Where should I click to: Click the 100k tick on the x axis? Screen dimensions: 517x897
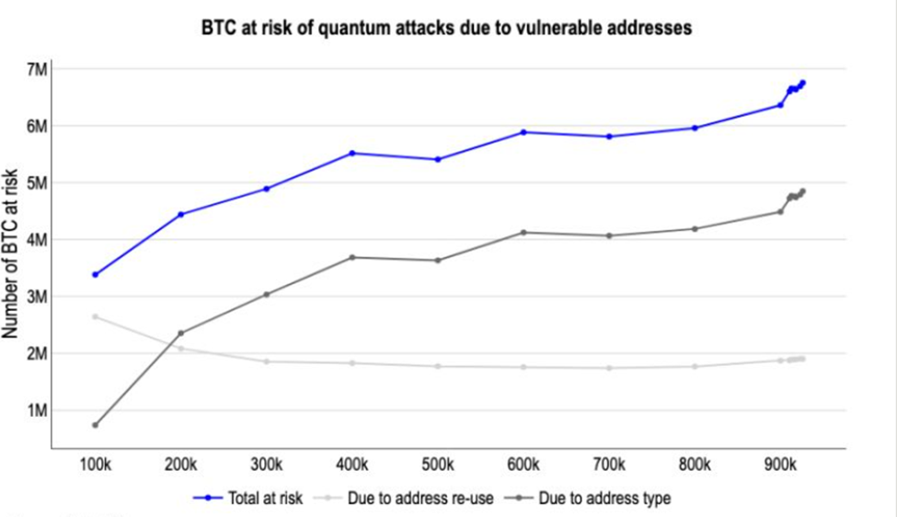[96, 466]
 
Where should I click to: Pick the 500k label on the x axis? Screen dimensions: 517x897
[438, 466]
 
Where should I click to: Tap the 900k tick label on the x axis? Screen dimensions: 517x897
[780, 466]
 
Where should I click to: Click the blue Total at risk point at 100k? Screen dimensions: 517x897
[96, 274]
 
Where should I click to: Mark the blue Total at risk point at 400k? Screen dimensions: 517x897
[352, 153]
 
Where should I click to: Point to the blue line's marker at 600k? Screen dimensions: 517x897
[523, 132]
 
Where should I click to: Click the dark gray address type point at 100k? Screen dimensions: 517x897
[96, 425]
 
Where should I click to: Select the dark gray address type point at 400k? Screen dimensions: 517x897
[352, 258]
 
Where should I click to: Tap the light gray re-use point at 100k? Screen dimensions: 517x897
[96, 316]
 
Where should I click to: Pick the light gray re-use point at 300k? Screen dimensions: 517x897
[267, 362]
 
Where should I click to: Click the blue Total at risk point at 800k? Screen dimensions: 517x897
[695, 128]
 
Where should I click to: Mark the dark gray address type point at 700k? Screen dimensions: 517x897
[609, 236]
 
